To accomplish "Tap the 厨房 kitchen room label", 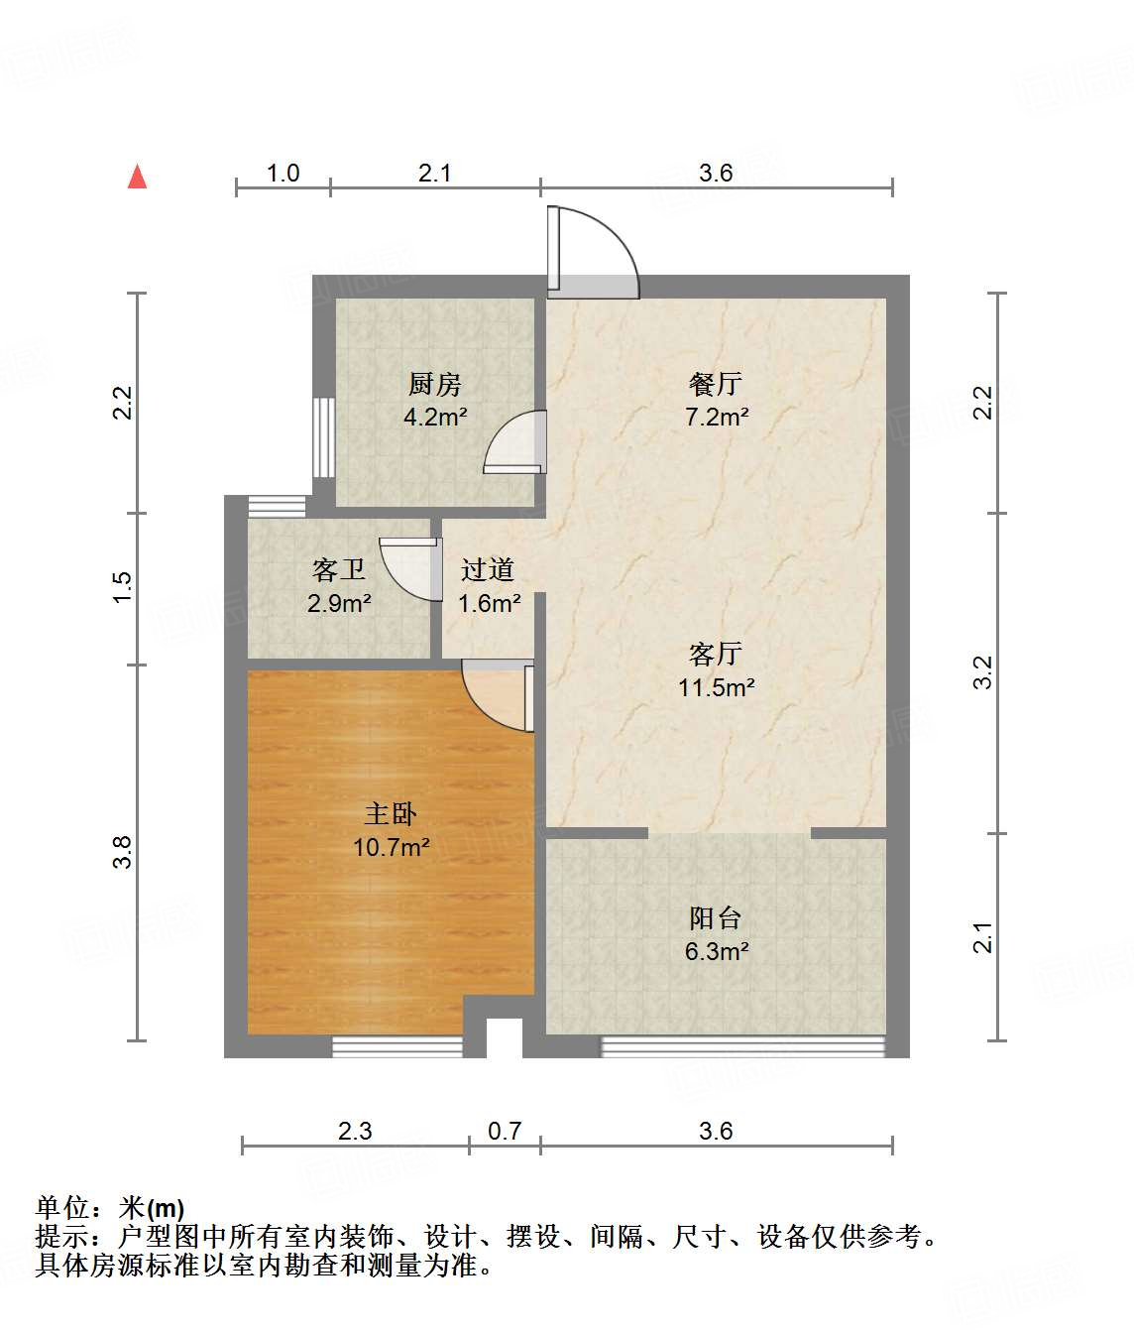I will click(435, 384).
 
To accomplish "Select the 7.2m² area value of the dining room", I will click(716, 417).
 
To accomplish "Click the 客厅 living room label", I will click(716, 654).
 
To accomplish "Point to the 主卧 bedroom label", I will click(391, 814).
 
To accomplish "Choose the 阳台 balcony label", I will click(716, 918).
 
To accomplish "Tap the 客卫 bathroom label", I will click(339, 569).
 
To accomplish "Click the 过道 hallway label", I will click(488, 569).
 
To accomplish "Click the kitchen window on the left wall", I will click(323, 437).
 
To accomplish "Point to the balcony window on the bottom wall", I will click(742, 1045).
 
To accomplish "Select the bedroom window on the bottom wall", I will click(397, 1045).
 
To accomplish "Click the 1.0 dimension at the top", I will click(283, 173).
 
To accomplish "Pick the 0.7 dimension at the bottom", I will click(505, 1131).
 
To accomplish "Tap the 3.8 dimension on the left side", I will click(122, 852).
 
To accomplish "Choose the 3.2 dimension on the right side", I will click(982, 673).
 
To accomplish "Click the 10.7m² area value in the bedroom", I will click(391, 847).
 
